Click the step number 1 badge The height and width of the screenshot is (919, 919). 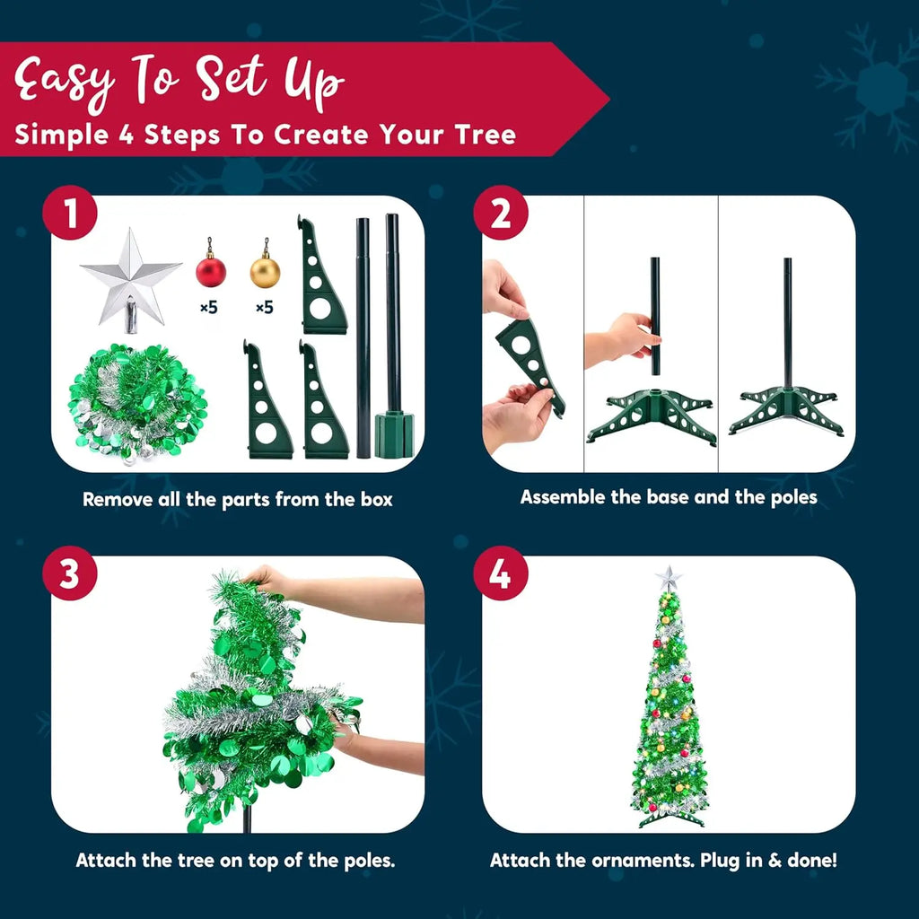click(70, 214)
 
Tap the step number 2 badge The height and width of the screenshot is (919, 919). click(501, 214)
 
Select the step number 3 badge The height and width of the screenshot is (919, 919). click(70, 573)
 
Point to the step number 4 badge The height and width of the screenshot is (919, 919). click(501, 573)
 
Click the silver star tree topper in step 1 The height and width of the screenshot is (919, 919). click(131, 276)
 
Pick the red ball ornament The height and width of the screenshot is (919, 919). click(211, 270)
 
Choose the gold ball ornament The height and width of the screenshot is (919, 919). click(265, 270)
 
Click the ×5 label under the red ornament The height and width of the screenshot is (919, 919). click(209, 308)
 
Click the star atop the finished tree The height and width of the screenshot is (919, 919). click(669, 578)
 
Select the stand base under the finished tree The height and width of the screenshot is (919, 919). click(669, 817)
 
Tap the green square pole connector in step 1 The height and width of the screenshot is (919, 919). click(392, 434)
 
